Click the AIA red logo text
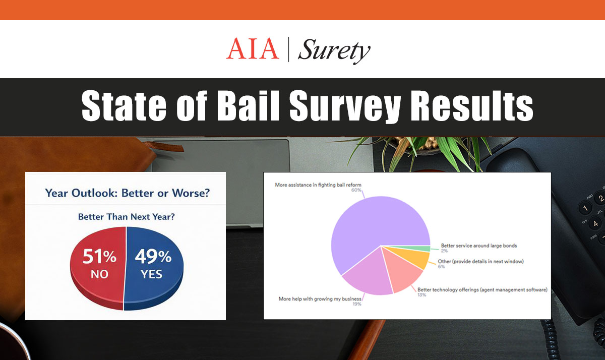click(x=252, y=49)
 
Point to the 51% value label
click(x=100, y=257)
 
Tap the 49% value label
click(x=153, y=257)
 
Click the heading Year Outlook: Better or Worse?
click(x=125, y=193)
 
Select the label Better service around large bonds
click(x=479, y=246)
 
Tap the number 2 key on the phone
click(x=600, y=198)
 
